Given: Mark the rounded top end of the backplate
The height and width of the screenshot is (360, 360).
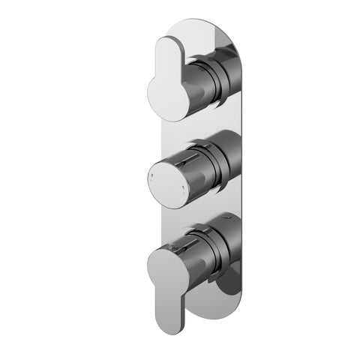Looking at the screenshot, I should tap(202, 26).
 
